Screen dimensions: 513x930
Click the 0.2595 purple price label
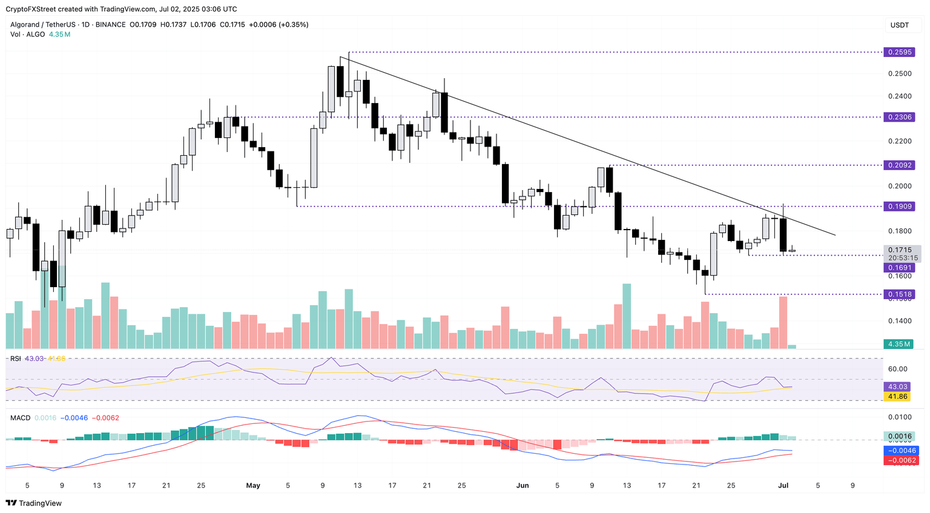click(900, 52)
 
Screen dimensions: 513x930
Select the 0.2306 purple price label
click(900, 117)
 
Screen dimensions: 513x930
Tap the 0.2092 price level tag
click(900, 165)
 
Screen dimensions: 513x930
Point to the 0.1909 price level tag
click(900, 207)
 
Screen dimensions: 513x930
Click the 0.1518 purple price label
click(900, 294)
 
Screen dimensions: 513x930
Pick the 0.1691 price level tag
click(900, 267)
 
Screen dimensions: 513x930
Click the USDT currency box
click(900, 25)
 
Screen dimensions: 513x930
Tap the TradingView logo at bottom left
click(34, 503)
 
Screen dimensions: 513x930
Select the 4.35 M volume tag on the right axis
click(899, 344)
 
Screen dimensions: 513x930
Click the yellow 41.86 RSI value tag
click(897, 397)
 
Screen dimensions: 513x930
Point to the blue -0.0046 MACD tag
click(902, 451)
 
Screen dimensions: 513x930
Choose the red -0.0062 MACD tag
click(902, 460)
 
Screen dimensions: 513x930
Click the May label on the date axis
click(253, 485)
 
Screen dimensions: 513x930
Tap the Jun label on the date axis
click(523, 485)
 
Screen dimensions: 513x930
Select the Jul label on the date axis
click(783, 485)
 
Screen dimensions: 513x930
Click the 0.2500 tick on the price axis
click(899, 74)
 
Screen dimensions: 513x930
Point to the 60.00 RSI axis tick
click(898, 369)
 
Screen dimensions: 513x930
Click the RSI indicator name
click(16, 359)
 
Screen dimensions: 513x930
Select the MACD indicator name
click(20, 418)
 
